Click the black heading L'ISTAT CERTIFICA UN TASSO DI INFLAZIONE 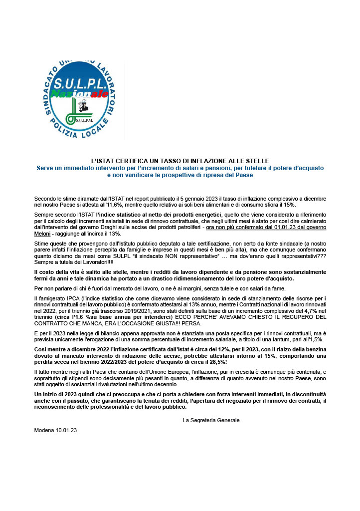(180, 161)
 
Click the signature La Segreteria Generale (211, 420)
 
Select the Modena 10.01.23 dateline (55, 430)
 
